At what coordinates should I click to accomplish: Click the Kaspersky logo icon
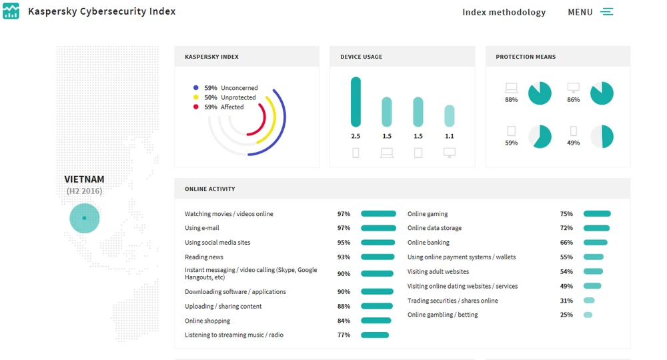point(11,11)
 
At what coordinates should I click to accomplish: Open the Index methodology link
point(504,12)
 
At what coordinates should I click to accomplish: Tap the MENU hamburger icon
point(606,12)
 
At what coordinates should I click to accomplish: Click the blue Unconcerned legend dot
point(195,88)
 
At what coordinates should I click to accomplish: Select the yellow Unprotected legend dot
point(195,97)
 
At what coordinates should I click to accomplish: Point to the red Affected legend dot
point(195,107)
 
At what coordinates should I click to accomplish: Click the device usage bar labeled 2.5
point(356,102)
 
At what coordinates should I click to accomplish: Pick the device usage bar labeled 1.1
point(450,116)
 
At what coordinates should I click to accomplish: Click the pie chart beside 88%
point(540,93)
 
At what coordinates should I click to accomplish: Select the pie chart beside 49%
point(602,137)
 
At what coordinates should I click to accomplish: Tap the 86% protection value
point(573,100)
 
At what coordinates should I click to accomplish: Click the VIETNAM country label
point(84,179)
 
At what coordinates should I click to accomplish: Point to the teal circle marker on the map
point(84,218)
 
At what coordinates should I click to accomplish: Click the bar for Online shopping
point(376,321)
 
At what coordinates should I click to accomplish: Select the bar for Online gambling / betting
point(588,315)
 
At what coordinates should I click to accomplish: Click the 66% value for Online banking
point(566,243)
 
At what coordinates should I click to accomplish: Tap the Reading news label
point(204,257)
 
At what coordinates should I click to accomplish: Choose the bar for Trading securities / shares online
point(589,301)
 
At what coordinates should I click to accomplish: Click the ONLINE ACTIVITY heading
point(210,189)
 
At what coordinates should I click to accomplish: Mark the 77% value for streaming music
point(344,335)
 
